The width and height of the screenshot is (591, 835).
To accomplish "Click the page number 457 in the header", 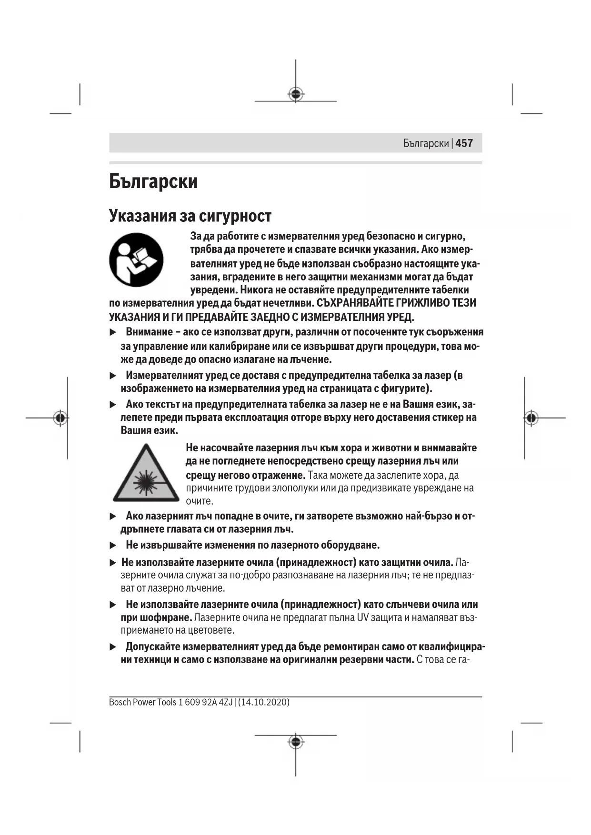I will click(x=464, y=143).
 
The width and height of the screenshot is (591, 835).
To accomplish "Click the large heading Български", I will click(x=153, y=181).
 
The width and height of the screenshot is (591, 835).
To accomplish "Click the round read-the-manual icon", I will click(x=136, y=259).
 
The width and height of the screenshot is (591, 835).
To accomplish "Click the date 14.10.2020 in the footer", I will click(x=263, y=702).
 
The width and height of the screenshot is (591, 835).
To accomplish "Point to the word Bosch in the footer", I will click(x=120, y=702).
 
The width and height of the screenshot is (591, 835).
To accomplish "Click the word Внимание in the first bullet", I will click(x=149, y=332).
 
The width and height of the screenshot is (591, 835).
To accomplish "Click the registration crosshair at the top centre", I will click(x=296, y=94).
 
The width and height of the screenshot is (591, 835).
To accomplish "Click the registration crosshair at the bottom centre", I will click(x=296, y=742).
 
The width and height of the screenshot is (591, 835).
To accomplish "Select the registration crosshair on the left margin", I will click(x=60, y=418).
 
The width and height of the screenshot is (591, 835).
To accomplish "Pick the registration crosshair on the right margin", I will click(x=531, y=418).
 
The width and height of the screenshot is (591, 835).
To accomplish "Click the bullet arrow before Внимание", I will click(x=113, y=332).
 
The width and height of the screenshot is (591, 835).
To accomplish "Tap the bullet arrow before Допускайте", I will click(x=113, y=647).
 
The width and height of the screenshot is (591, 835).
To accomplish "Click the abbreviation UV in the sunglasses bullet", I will click(x=363, y=618).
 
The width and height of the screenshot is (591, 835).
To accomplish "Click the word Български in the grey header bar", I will click(x=426, y=143).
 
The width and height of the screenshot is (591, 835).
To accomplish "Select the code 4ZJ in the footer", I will click(x=226, y=702).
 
